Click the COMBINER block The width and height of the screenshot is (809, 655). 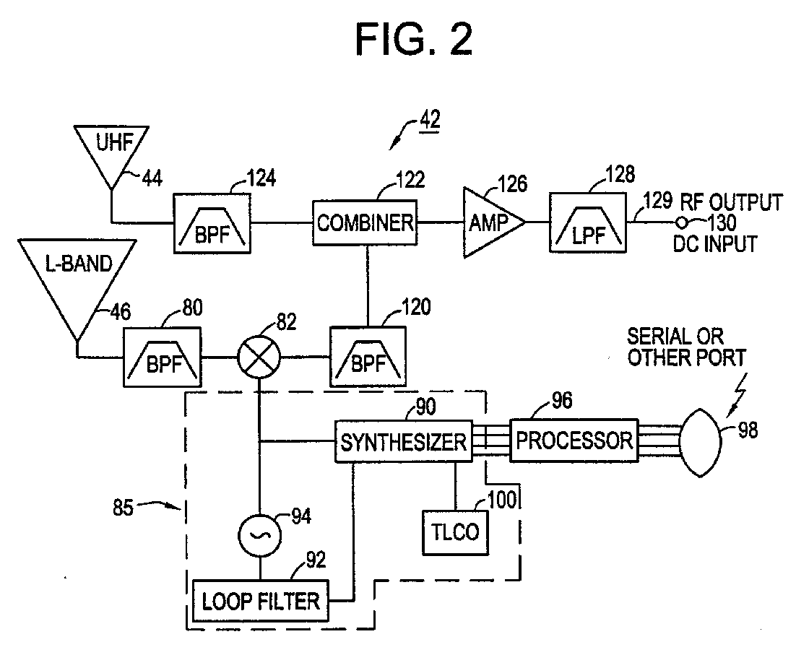(x=365, y=223)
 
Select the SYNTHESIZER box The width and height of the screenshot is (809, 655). (x=404, y=441)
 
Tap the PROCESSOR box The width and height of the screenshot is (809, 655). (x=574, y=440)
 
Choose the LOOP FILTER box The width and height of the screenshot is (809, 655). (x=261, y=601)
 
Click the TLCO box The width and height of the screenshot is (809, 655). (x=455, y=533)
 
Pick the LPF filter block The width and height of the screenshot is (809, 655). (x=588, y=223)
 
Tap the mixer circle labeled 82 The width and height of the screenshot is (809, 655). (x=259, y=356)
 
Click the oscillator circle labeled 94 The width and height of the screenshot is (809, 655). (x=259, y=535)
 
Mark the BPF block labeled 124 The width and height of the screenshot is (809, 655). (x=212, y=223)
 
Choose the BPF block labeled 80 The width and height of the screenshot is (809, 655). (x=162, y=356)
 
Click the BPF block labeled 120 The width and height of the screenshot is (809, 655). (x=368, y=356)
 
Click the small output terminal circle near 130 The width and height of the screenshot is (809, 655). (x=682, y=223)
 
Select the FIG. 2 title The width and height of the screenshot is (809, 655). (x=415, y=40)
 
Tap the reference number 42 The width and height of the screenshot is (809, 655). (x=430, y=120)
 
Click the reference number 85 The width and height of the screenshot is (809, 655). (x=124, y=508)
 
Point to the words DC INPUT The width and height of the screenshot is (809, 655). (x=715, y=243)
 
